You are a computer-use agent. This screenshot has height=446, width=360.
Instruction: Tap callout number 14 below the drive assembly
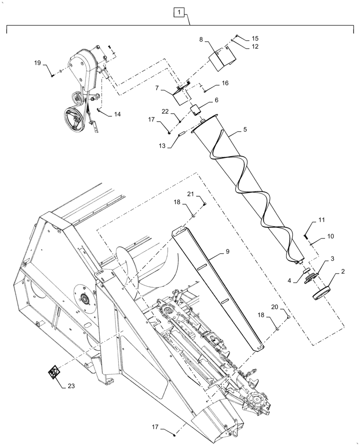tap(117, 114)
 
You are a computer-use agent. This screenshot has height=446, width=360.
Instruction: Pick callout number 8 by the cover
tap(201, 40)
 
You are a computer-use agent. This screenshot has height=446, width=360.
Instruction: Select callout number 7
tap(157, 89)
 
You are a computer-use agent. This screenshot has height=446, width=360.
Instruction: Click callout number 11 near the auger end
tap(321, 220)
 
